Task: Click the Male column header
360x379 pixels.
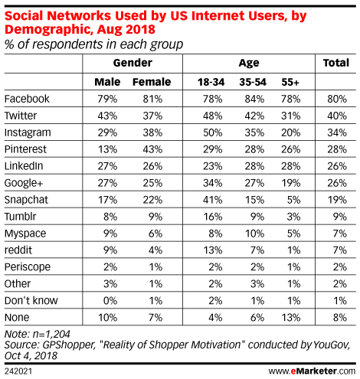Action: [107, 82]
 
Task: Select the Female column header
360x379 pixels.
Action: [152, 82]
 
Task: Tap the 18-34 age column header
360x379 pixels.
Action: [211, 82]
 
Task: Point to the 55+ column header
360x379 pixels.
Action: [290, 82]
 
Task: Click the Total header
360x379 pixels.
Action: [336, 63]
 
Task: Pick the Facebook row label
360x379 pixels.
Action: [27, 99]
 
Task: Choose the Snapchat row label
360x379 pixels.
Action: [26, 200]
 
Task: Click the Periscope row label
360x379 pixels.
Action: [28, 267]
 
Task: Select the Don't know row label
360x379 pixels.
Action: [31, 300]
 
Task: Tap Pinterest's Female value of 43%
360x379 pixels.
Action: [152, 149]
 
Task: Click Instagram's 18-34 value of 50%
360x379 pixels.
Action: [212, 132]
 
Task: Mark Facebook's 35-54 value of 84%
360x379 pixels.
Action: [254, 99]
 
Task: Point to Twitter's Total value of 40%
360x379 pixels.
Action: [337, 116]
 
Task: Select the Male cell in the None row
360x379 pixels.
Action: [108, 318]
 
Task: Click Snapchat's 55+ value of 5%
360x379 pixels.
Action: [293, 200]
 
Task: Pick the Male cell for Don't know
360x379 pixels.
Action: [110, 301]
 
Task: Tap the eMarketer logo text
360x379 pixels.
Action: [312, 371]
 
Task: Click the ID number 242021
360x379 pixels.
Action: [18, 371]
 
